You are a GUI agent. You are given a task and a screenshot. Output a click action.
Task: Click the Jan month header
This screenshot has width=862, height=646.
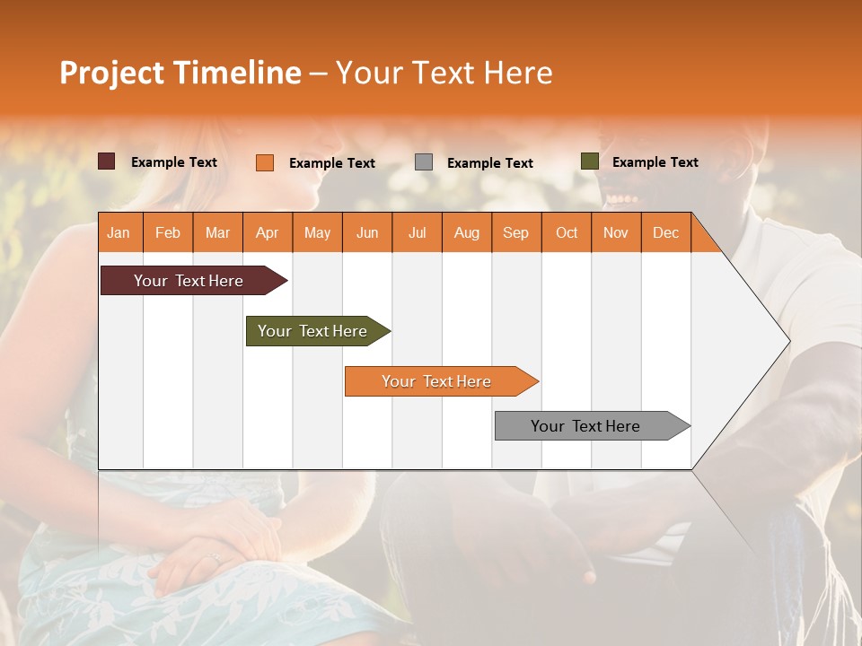(119, 232)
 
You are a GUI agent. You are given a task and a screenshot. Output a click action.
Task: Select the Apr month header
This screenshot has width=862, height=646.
(267, 232)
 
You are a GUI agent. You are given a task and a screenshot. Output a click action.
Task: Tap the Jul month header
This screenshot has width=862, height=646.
(417, 232)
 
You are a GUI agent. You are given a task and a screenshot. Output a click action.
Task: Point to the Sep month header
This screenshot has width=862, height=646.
(515, 232)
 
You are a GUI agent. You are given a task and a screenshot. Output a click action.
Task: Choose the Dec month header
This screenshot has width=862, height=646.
(665, 232)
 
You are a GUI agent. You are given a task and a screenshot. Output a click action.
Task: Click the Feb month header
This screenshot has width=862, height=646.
(167, 232)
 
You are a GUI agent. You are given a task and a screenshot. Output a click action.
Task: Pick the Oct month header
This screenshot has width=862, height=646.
(567, 232)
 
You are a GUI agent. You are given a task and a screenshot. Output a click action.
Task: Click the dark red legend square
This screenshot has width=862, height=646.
(106, 161)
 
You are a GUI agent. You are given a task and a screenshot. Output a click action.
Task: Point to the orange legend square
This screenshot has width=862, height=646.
(264, 162)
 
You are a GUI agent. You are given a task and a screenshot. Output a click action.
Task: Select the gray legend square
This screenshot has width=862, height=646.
(424, 161)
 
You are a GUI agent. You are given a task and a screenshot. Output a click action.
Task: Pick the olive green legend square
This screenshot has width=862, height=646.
(589, 161)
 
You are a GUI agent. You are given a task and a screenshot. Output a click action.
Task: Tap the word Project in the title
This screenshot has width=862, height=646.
(111, 73)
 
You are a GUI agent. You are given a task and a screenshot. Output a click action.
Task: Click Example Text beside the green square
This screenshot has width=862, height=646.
(655, 161)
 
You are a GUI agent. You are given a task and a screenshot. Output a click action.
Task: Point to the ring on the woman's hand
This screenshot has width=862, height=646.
(215, 557)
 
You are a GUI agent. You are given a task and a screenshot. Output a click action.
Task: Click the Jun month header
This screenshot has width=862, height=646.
(366, 232)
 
